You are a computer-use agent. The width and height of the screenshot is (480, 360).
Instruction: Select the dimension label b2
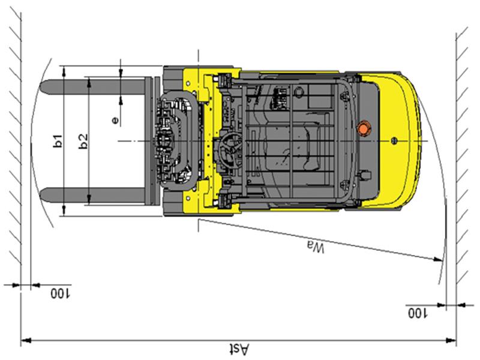click(83, 142)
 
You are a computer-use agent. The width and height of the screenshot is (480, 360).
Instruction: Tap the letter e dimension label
click(115, 121)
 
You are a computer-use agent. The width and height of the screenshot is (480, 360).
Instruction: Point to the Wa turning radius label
click(316, 247)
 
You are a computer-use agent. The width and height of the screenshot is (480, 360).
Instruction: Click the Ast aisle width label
click(239, 349)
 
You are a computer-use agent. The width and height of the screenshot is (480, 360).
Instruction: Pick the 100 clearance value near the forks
click(61, 293)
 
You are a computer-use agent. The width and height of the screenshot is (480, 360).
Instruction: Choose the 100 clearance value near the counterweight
click(418, 313)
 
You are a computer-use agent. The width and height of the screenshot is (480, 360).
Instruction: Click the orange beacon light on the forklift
click(364, 128)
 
